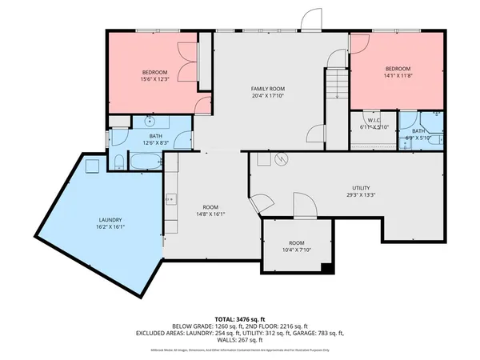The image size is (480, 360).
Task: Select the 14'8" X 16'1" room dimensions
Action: point(210,214)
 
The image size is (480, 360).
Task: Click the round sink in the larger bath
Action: point(150,123)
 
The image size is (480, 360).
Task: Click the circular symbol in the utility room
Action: point(280,160)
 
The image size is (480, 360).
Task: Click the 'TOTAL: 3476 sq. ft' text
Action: point(240,318)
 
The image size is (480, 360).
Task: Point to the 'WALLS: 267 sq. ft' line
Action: point(240,339)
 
